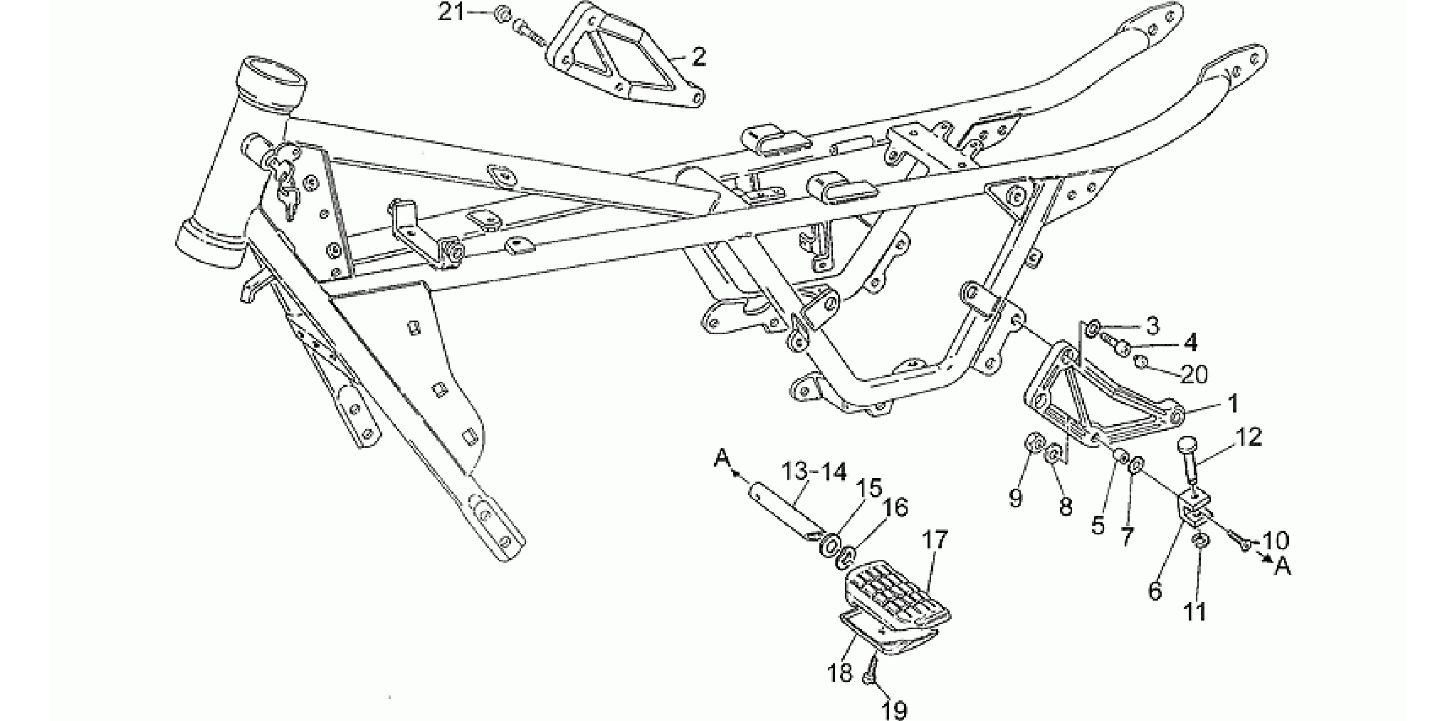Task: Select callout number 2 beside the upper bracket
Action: click(699, 58)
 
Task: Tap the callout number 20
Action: click(1195, 373)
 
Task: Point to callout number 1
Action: click(1231, 404)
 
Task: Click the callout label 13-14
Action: click(814, 472)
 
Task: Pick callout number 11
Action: click(1195, 611)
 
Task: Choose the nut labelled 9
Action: click(1031, 445)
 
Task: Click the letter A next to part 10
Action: click(1283, 566)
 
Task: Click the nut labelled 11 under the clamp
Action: click(1199, 543)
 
